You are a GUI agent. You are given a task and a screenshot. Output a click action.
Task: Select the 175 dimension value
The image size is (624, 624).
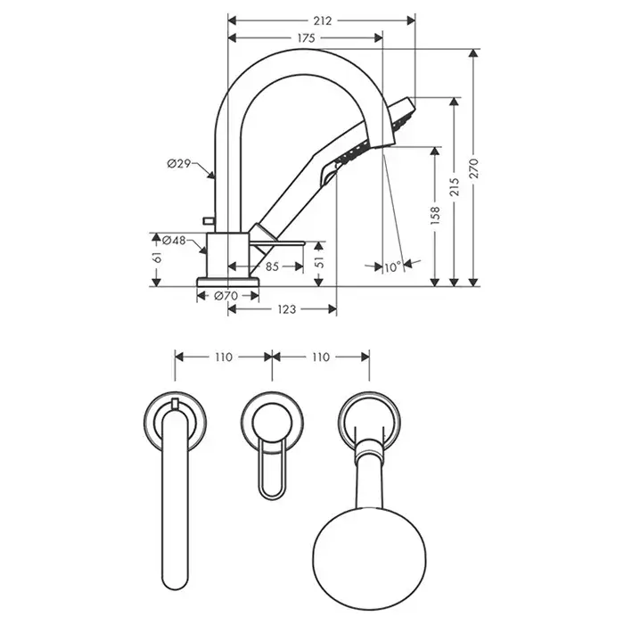tap(305, 38)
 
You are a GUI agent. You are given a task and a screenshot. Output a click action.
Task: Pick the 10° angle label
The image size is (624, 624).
tap(390, 266)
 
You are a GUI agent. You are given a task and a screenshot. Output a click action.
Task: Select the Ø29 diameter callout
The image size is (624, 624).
tap(178, 164)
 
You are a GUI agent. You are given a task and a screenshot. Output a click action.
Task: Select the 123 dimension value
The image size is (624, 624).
tap(285, 309)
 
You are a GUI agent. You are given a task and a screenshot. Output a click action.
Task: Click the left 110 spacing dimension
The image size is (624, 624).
tap(223, 357)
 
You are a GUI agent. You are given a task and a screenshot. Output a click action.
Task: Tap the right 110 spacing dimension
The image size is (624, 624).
tap(319, 357)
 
